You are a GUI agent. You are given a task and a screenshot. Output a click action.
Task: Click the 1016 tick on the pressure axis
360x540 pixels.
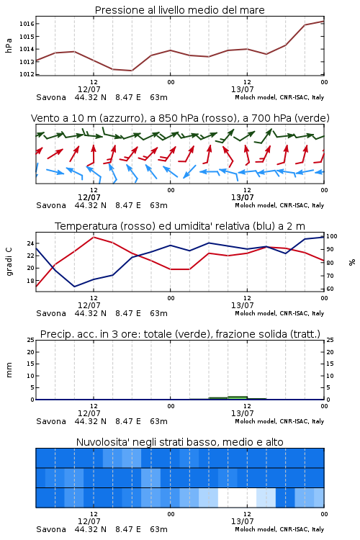[26, 24]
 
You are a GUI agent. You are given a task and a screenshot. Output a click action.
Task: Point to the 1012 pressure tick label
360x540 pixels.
[26, 74]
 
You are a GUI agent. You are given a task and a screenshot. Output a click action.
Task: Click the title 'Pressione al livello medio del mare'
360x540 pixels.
[180, 10]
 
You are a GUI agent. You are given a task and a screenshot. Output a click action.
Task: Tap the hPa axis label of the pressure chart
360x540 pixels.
[9, 45]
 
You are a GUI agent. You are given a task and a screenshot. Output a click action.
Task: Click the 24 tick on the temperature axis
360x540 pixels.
[30, 243]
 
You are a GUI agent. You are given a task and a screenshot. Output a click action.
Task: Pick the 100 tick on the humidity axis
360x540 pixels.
[331, 236]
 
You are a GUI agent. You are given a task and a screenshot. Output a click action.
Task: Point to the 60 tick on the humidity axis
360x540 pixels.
[330, 289]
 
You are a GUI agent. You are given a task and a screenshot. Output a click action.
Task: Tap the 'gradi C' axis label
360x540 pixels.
[9, 262]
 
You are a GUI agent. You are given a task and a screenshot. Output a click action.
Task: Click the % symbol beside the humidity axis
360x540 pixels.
[352, 262]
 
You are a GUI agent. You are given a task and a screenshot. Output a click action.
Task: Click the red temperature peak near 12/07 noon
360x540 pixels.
[94, 237]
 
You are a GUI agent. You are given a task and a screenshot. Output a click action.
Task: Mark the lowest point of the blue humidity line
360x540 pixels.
[74, 287]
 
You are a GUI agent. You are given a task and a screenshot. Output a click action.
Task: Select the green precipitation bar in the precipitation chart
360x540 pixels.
[238, 397]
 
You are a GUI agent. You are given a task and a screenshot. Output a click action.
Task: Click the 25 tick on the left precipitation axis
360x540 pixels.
[31, 340]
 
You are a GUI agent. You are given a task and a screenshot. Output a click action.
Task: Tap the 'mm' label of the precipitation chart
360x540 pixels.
[9, 370]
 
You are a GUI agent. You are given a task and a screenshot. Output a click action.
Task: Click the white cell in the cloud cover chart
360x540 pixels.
[238, 498]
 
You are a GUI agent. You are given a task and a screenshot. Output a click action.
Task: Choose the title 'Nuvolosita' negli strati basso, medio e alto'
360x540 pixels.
[180, 442]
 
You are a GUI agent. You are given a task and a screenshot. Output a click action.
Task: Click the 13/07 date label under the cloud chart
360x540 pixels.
[242, 521]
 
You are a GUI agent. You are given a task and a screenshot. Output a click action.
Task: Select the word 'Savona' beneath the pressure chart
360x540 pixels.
[51, 97]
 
